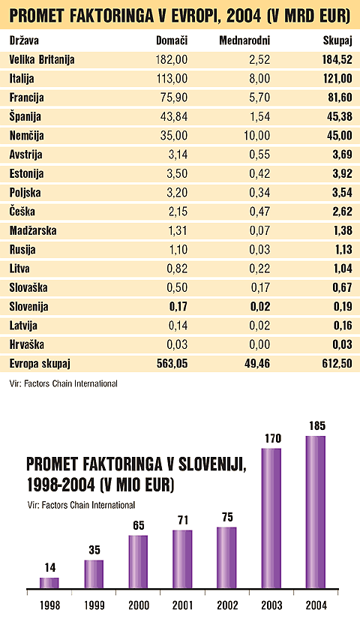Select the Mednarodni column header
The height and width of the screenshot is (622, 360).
[x=244, y=39]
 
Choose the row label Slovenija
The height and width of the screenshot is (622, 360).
[x=29, y=307]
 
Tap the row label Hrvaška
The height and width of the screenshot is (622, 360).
[x=27, y=345]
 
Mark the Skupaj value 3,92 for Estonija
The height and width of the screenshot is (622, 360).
[x=341, y=174]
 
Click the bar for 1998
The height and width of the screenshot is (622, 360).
[x=49, y=582]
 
